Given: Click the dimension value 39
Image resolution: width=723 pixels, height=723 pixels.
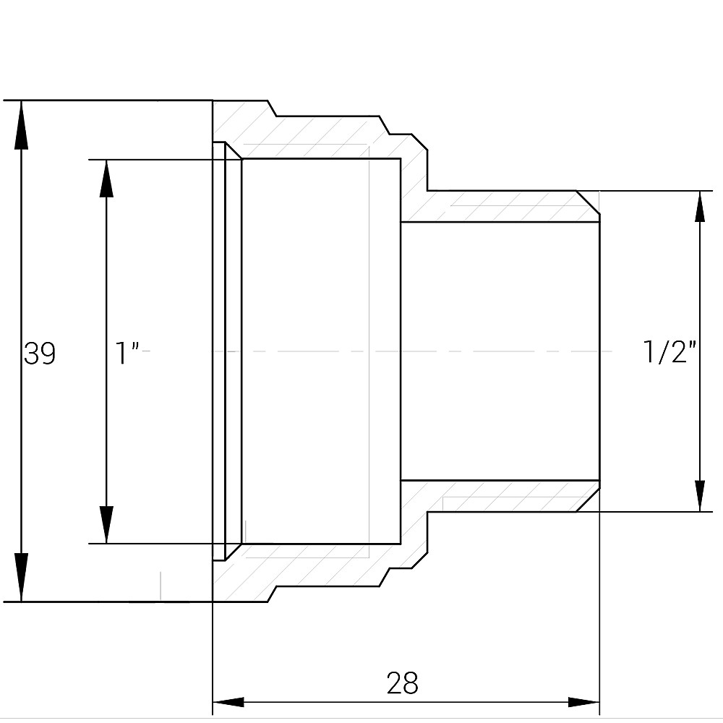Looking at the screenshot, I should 40,354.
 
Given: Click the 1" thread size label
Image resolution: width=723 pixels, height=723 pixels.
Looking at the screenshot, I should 127,354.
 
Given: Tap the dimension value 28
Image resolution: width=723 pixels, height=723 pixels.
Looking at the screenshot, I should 402,683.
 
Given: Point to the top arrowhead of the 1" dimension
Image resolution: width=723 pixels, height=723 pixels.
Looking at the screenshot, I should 107,178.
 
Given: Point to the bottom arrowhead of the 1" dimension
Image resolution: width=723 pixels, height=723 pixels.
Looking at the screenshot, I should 107,524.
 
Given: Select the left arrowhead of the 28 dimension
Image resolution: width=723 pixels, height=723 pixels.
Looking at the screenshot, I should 228,702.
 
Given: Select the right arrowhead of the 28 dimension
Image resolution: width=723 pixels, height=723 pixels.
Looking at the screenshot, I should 583,702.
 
